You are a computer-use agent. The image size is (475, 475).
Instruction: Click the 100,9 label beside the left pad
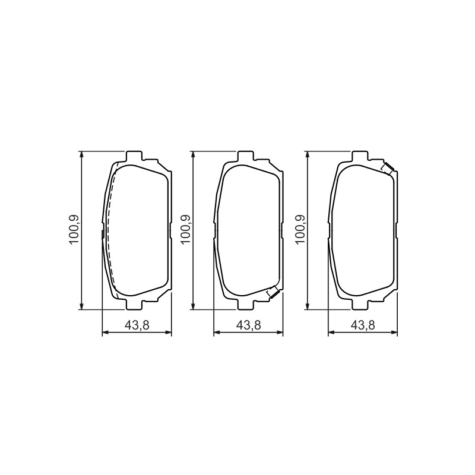tap(74, 229)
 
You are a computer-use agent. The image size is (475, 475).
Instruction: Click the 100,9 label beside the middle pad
tap(185, 229)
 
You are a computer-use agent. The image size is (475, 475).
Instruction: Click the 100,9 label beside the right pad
tap(300, 229)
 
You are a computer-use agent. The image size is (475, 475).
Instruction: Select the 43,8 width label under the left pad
tap(137, 325)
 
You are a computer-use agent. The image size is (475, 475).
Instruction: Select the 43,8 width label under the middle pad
tap(248, 325)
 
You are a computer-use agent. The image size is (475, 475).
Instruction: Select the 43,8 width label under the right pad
tap(363, 325)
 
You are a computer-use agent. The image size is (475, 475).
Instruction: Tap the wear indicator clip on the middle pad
tap(273, 292)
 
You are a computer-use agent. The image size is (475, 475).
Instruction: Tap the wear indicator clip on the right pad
tap(387, 169)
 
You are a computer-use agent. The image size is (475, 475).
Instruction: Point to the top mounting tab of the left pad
tap(134, 156)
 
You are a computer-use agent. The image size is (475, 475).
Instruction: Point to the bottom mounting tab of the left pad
tap(134, 305)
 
